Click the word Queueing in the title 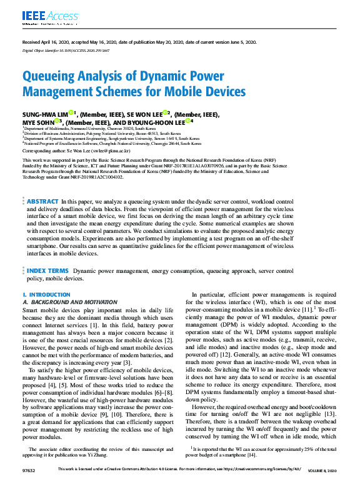pos(49,77)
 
